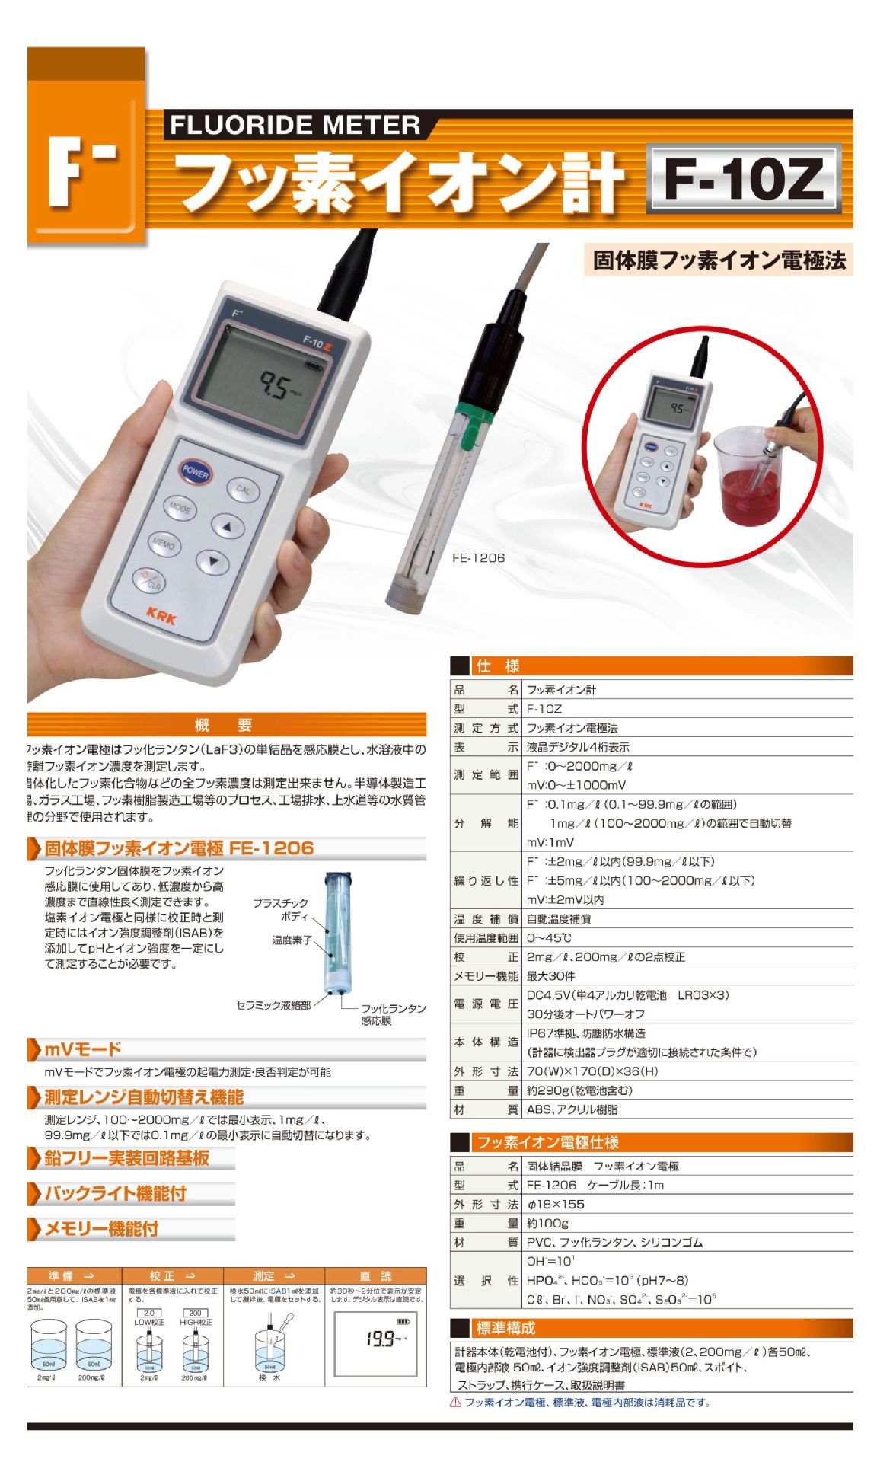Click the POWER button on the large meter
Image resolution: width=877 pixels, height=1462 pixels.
pos(196,472)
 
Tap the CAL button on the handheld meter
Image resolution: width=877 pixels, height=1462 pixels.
pos(242,490)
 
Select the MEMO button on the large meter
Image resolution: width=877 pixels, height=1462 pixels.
pos(164,544)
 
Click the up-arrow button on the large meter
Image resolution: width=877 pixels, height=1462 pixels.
pos(226,526)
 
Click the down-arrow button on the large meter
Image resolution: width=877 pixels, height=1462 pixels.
pos(212,563)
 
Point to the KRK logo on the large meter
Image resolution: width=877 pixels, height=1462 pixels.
pos(161,614)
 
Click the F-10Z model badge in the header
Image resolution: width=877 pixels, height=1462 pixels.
pos(743,180)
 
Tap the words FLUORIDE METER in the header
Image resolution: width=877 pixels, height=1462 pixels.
pos(295,125)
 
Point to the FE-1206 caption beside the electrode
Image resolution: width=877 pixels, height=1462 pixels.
pos(478,557)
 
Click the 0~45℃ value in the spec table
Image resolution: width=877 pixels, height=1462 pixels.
pos(549,938)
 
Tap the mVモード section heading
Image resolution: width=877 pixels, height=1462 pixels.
pos(82,1049)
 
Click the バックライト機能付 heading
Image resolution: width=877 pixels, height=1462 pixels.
pos(115,1193)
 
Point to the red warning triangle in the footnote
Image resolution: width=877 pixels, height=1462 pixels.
pos(455,1402)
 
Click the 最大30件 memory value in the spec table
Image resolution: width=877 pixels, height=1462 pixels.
pos(550,976)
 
